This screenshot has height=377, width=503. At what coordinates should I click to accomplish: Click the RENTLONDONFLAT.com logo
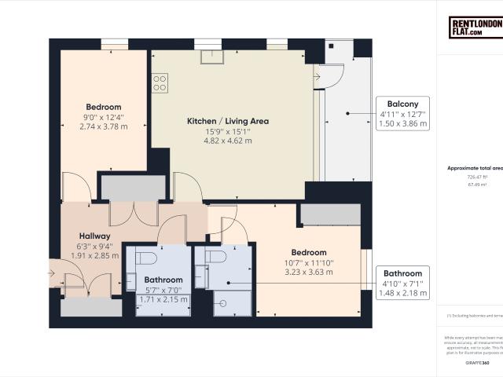tap(476, 28)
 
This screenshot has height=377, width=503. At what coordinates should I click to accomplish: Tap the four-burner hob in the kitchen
tap(160, 82)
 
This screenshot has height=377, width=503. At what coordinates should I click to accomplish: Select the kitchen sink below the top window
tap(212, 56)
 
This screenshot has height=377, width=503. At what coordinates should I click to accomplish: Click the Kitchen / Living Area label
tap(228, 121)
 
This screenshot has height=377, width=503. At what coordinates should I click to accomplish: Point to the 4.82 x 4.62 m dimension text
tap(228, 141)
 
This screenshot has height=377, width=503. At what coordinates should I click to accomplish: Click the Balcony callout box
tap(402, 114)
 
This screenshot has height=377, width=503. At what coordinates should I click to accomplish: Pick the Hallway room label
tap(94, 236)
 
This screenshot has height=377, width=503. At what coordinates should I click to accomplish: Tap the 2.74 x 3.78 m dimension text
tap(104, 126)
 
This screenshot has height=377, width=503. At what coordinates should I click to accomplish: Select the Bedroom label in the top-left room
tap(104, 107)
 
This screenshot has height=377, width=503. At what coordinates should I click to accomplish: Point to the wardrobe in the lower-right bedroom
tap(329, 214)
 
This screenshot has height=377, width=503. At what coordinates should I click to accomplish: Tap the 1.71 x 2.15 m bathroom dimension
tap(163, 300)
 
